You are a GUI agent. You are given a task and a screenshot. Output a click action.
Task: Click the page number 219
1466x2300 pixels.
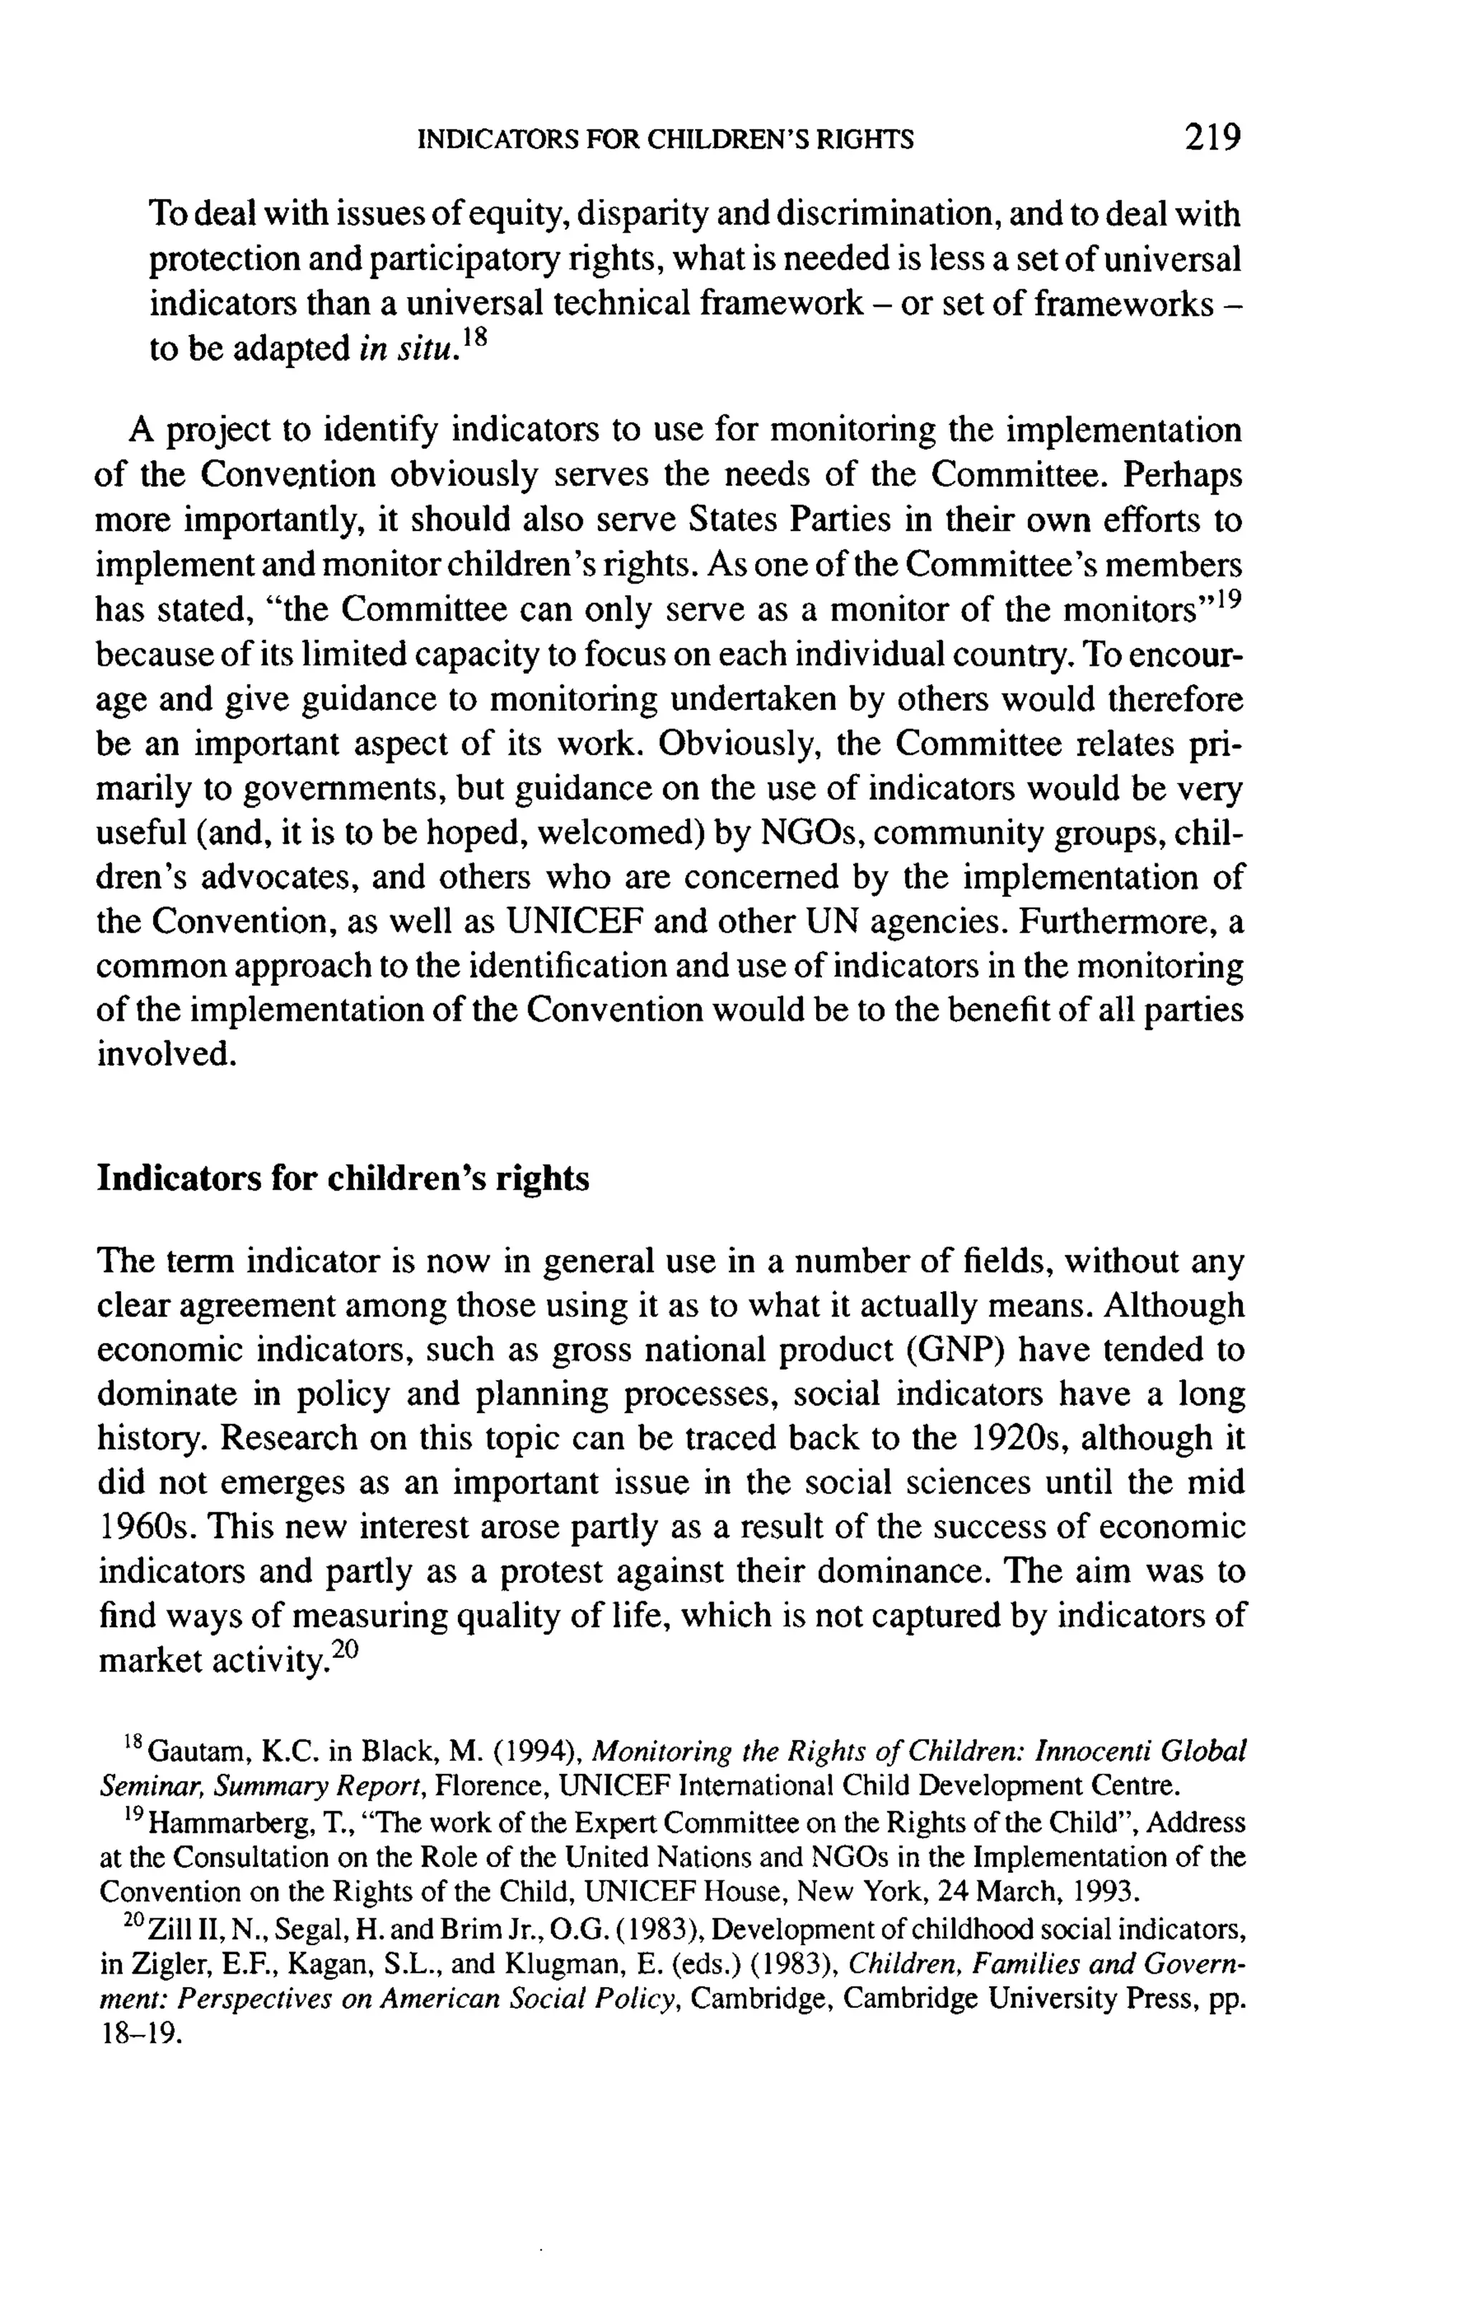click(1212, 137)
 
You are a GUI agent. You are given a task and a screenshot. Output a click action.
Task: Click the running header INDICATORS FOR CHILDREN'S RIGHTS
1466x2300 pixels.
click(666, 140)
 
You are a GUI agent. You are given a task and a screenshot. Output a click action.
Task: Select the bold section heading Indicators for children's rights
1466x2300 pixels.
click(343, 1179)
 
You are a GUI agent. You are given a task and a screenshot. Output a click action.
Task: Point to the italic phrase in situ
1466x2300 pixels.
click(404, 349)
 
